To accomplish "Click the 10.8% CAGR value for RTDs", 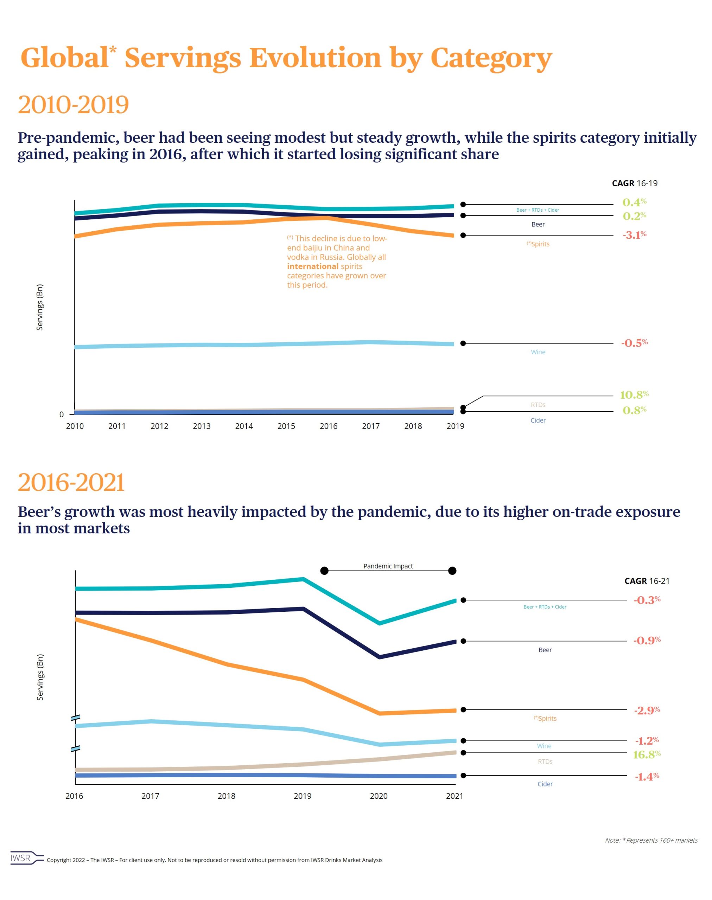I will tap(634, 394).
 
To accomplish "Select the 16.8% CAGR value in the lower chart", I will tap(647, 754).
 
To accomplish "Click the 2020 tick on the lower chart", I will tap(379, 796).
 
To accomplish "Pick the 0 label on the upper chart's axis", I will tap(62, 414).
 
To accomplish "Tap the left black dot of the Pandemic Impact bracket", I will tap(324, 571).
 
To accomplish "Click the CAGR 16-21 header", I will tap(647, 581).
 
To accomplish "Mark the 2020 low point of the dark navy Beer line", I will tap(379, 657).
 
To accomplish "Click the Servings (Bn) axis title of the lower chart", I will tap(40, 677).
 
